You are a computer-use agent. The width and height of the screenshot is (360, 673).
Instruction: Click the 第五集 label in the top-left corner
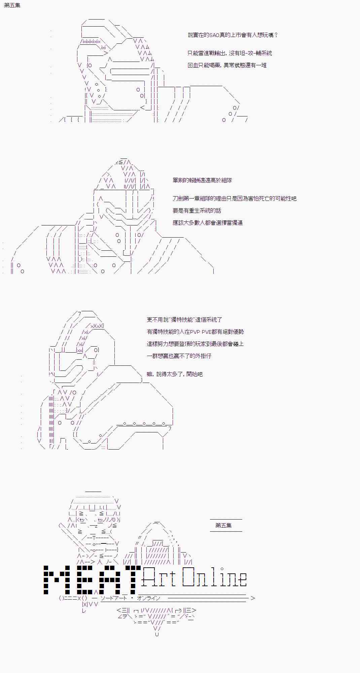[x=12, y=5]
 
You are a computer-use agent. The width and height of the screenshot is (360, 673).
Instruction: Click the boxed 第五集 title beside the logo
[x=223, y=525]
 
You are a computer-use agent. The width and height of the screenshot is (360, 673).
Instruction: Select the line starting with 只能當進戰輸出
[x=230, y=53]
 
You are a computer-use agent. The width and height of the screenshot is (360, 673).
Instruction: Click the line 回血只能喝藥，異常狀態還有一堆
[x=227, y=65]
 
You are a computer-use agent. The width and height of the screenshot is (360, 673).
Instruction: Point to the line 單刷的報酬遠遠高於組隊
[x=202, y=180]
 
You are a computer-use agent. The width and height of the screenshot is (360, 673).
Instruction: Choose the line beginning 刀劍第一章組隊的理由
[x=235, y=199]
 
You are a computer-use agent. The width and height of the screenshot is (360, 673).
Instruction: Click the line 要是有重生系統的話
[x=197, y=211]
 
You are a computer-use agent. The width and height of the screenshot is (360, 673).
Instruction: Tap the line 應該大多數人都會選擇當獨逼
[x=208, y=223]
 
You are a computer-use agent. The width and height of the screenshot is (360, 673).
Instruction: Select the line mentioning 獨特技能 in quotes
[x=184, y=320]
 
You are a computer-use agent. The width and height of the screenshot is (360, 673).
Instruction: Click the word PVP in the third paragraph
[x=195, y=332]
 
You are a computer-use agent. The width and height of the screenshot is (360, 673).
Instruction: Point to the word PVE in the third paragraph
[x=207, y=332]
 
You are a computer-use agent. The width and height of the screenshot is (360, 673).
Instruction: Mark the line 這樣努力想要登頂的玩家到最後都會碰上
[x=195, y=344]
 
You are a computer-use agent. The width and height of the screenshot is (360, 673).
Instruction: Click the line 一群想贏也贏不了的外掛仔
[x=179, y=356]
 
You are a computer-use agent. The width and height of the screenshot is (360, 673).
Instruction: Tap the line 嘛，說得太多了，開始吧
[x=175, y=374]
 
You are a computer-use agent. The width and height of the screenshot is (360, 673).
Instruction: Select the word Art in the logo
[x=159, y=577]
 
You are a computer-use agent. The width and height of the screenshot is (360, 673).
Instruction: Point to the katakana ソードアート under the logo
[x=114, y=598]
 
